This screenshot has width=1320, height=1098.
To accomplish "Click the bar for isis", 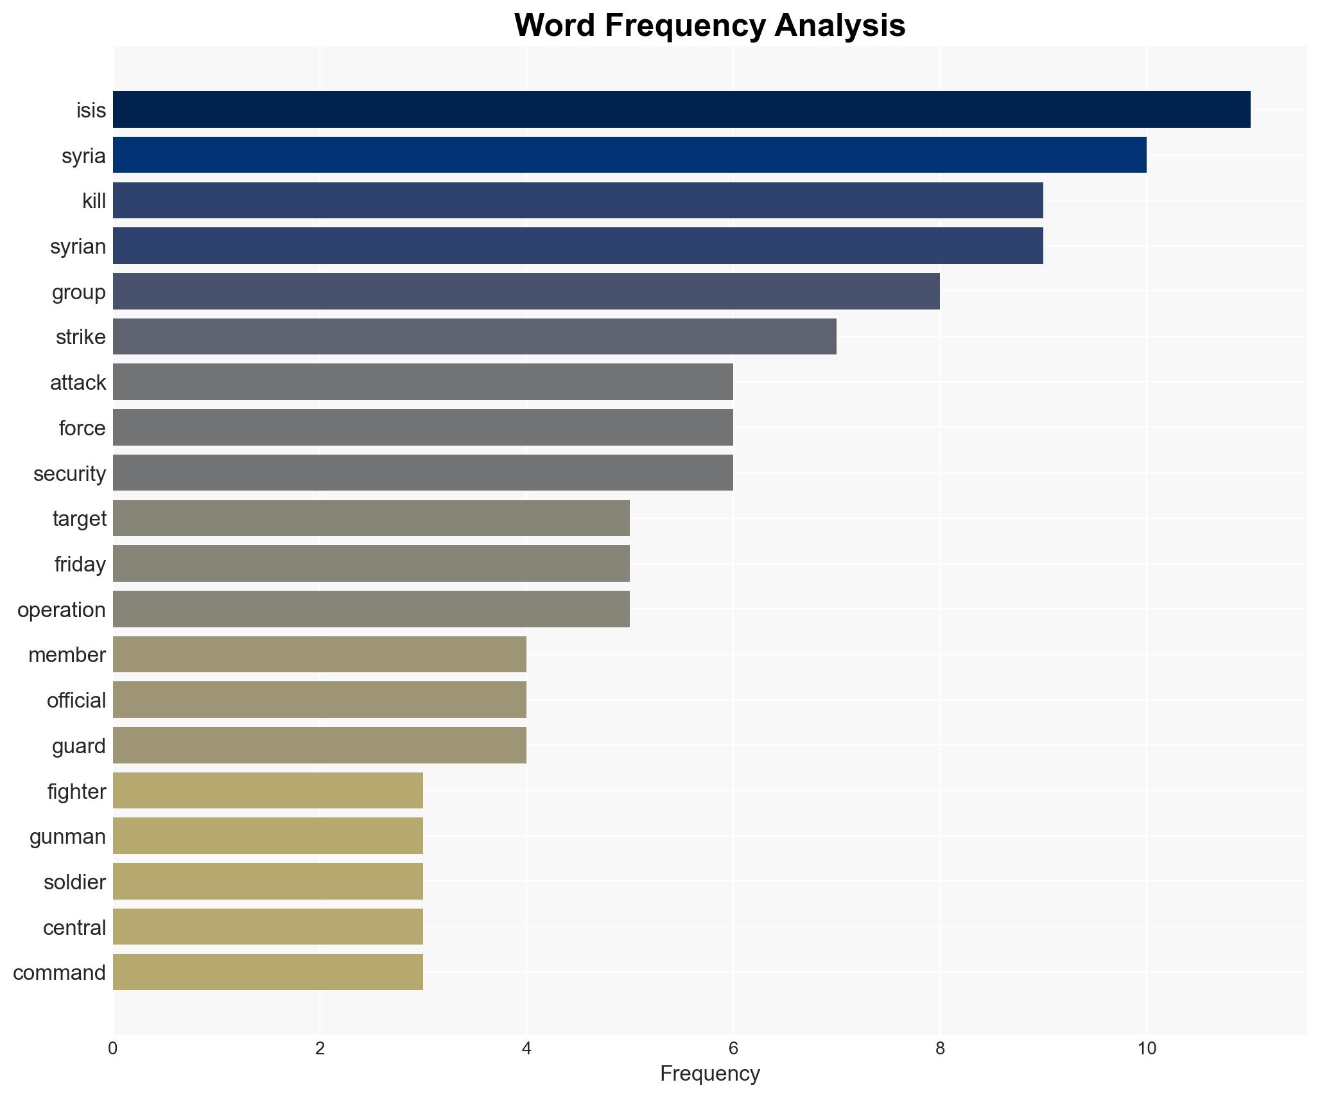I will point(681,110).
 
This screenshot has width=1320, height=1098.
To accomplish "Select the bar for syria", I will point(629,155).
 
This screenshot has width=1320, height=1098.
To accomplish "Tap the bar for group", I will point(526,292).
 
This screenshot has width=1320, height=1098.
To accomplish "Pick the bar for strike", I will point(474,336).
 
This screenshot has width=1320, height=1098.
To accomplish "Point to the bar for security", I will point(422,473).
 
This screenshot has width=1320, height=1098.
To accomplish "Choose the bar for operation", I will point(371,609).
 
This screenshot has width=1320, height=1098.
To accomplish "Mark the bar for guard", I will point(319,745).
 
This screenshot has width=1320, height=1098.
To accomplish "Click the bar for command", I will point(268,973).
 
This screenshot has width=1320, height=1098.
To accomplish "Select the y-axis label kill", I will point(94,202).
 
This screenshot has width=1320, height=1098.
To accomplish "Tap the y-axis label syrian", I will point(78,247).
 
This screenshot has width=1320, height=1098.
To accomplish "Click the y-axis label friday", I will point(80,564).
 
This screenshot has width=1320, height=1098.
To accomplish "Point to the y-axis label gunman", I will point(67,837).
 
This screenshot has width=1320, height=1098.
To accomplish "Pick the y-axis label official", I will point(76,701).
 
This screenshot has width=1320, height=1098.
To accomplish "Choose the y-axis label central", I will point(74,928).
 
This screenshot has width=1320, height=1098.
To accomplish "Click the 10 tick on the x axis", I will point(1146,1049).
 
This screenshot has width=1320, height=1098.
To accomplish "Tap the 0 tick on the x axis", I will point(113,1049).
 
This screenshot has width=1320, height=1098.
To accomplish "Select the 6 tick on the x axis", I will point(733,1049).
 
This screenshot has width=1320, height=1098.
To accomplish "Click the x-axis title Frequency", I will point(709,1074).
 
